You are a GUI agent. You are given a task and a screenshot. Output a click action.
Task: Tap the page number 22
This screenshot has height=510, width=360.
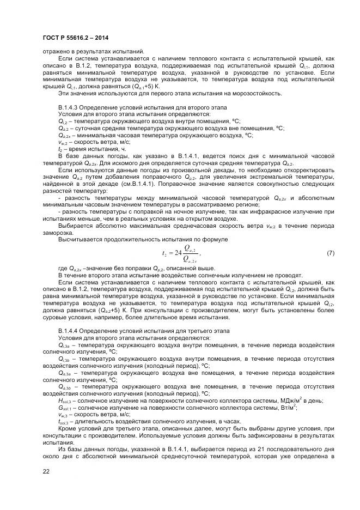coord(46,471)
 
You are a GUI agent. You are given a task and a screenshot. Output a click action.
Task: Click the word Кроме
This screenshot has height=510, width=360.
coord(68,429)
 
